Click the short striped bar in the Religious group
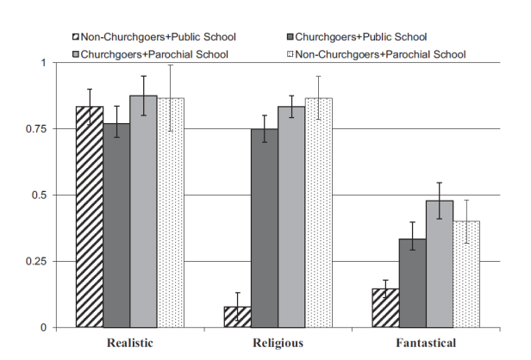[x=239, y=317]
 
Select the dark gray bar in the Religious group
[x=265, y=228]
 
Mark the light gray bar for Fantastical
[x=440, y=264]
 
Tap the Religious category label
[x=278, y=343]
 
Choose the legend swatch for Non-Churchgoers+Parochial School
[x=288, y=54]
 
